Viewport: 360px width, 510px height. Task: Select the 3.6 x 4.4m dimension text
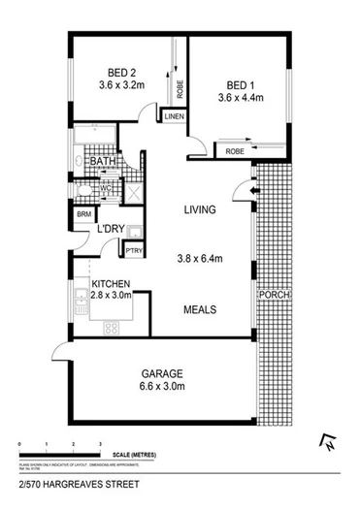(x=240, y=98)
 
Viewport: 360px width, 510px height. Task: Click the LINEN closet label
(x=174, y=117)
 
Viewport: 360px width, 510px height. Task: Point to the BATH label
(x=104, y=162)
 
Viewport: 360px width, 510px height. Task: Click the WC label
(x=107, y=188)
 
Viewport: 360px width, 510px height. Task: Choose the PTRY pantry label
(x=134, y=251)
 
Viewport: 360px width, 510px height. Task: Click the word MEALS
(x=200, y=309)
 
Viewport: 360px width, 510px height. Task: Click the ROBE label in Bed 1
(x=234, y=151)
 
